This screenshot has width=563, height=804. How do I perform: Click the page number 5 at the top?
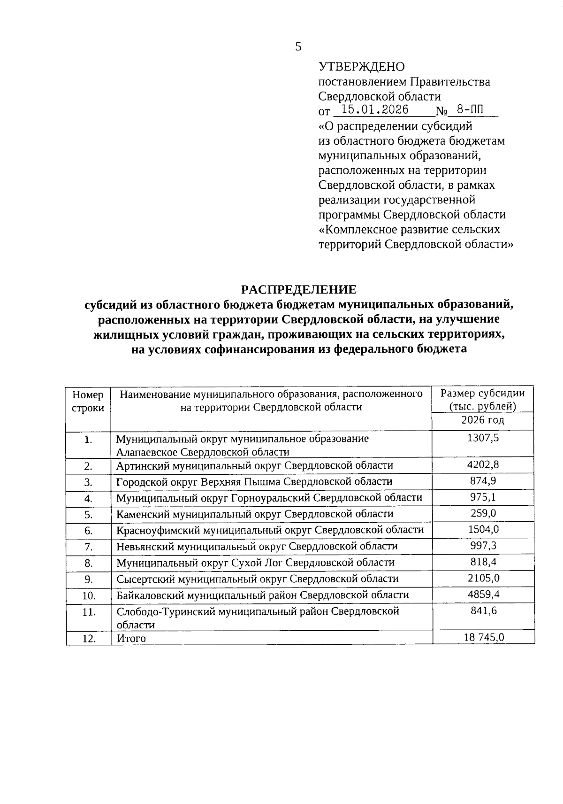(298, 46)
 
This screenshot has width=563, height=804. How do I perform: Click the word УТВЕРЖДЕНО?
(361, 67)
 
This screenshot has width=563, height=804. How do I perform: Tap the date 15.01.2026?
(374, 110)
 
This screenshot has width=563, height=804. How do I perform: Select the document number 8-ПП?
(470, 110)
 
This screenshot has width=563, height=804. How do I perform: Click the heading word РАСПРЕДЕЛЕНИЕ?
(298, 289)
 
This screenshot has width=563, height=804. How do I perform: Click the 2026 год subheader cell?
(483, 420)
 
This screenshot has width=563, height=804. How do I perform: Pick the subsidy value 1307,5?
(483, 438)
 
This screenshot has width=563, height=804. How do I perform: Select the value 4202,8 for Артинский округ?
(483, 465)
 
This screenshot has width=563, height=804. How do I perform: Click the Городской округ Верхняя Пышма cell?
(254, 481)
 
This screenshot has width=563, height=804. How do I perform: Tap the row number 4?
(88, 499)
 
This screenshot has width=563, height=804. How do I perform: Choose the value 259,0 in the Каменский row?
(483, 513)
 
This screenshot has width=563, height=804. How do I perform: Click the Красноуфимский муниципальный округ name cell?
(270, 530)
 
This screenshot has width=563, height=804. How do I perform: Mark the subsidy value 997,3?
(483, 546)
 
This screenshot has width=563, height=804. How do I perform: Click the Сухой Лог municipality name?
(255, 563)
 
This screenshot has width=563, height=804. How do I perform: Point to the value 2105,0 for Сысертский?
(483, 578)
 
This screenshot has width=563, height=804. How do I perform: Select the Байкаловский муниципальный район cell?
(263, 595)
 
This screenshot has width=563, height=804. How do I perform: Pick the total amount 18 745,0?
(483, 637)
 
